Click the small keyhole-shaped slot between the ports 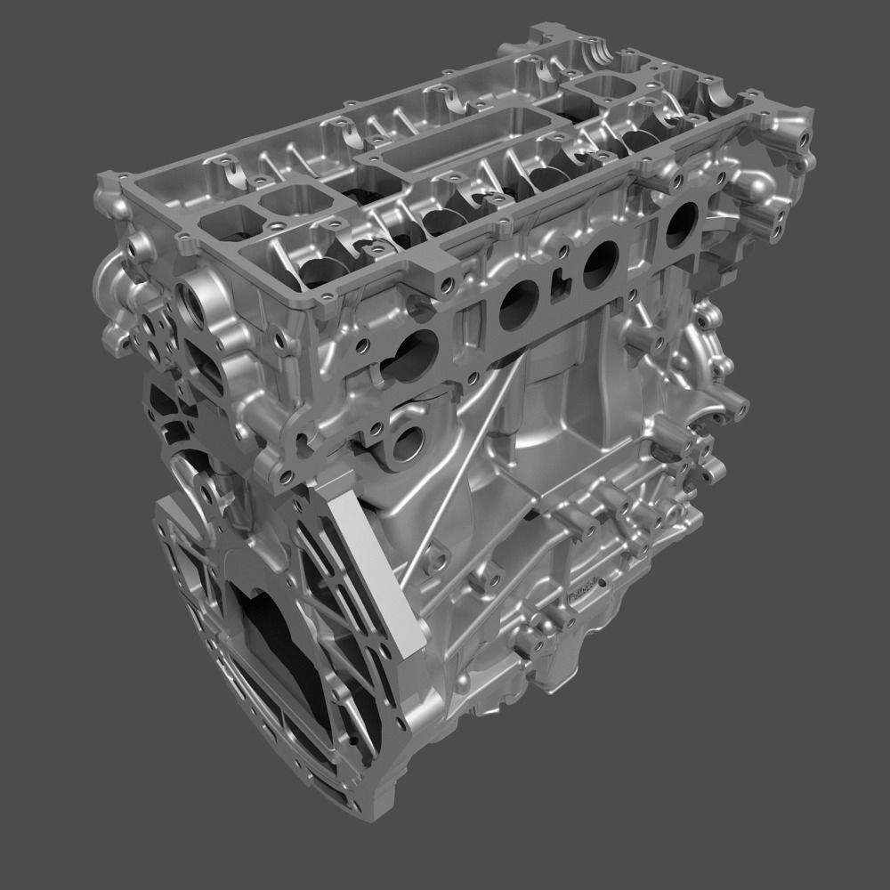tap(558, 285)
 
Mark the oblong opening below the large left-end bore tap(202, 374)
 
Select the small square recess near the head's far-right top tap(608, 85)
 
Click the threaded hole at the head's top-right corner tap(806, 138)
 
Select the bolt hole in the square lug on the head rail tap(445, 283)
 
